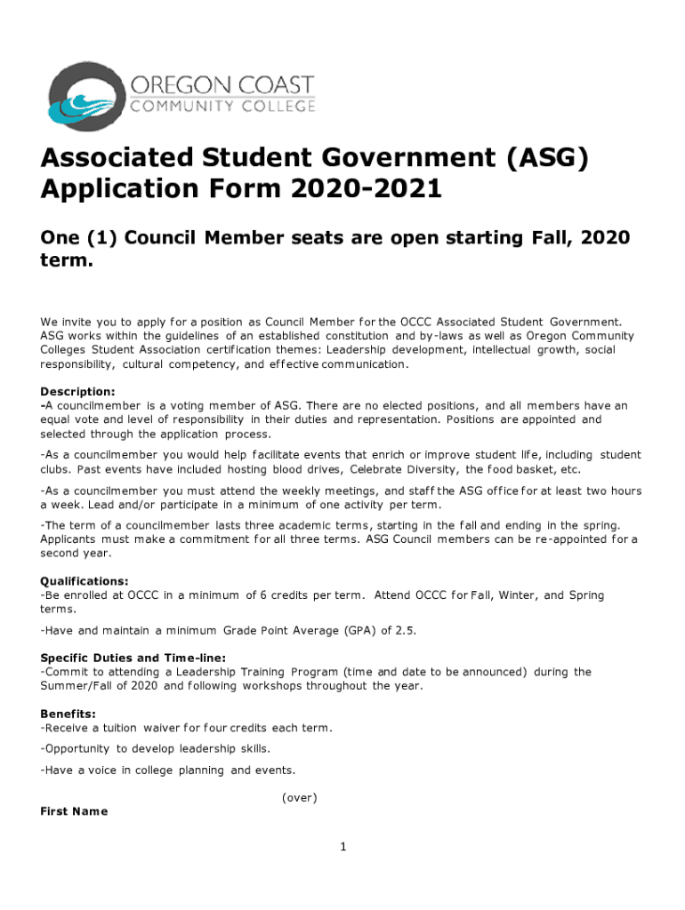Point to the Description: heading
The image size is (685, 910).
click(77, 391)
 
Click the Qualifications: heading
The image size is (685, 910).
click(85, 581)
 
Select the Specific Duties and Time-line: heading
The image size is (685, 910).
click(133, 658)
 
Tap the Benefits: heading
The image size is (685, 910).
click(68, 714)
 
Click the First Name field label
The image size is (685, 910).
click(74, 811)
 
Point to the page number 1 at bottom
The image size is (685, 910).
click(342, 847)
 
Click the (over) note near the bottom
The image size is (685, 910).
click(299, 797)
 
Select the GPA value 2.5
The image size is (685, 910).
click(405, 630)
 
